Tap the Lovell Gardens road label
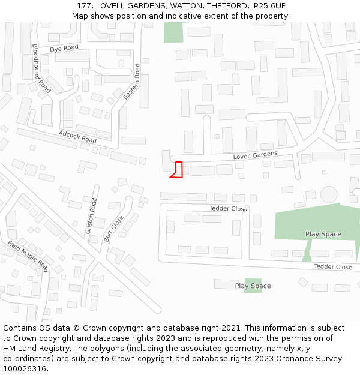tap(255, 156)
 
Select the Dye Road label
tap(64, 48)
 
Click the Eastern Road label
tap(131, 81)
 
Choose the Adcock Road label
tap(77, 136)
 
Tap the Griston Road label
tap(91, 216)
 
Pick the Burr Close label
tap(114, 228)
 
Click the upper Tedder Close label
tap(228, 209)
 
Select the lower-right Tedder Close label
tap(333, 267)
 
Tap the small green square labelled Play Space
tap(253, 286)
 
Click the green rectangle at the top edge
tap(173, 32)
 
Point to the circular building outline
tap(329, 194)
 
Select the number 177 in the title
tap(84, 6)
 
